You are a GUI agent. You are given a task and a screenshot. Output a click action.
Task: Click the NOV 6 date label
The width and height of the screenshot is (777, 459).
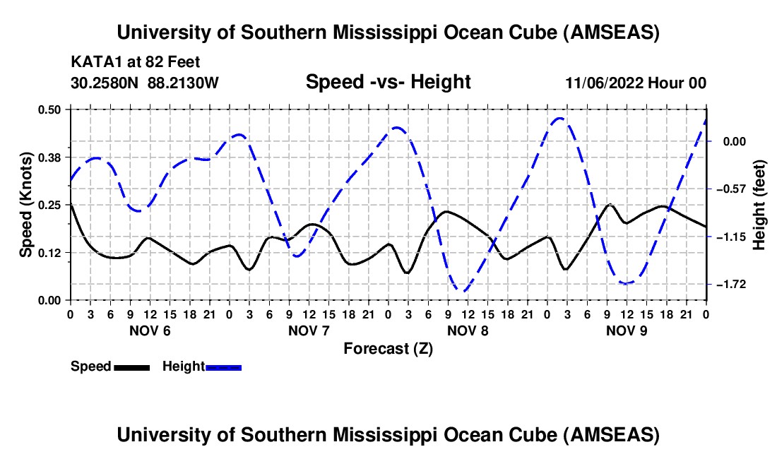(150, 330)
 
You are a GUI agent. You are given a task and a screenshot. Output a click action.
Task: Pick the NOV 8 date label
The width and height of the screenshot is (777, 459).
(468, 330)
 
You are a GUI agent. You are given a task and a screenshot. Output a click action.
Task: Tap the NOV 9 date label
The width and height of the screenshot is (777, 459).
(627, 330)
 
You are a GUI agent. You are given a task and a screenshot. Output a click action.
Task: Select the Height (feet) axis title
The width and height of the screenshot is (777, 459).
(759, 205)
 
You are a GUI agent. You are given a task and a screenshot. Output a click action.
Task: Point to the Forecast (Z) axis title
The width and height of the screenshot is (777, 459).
(388, 348)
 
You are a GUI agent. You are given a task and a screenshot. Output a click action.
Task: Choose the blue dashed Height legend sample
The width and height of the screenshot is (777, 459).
(223, 366)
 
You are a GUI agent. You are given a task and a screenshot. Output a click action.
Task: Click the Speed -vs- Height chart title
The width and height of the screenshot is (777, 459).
(388, 82)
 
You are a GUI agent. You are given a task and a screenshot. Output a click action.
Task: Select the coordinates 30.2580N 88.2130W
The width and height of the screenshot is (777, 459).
(145, 83)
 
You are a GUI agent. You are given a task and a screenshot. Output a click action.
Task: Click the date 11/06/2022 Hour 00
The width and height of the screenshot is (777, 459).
(636, 83)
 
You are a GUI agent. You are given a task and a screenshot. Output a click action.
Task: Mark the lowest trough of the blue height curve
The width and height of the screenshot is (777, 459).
(462, 290)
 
